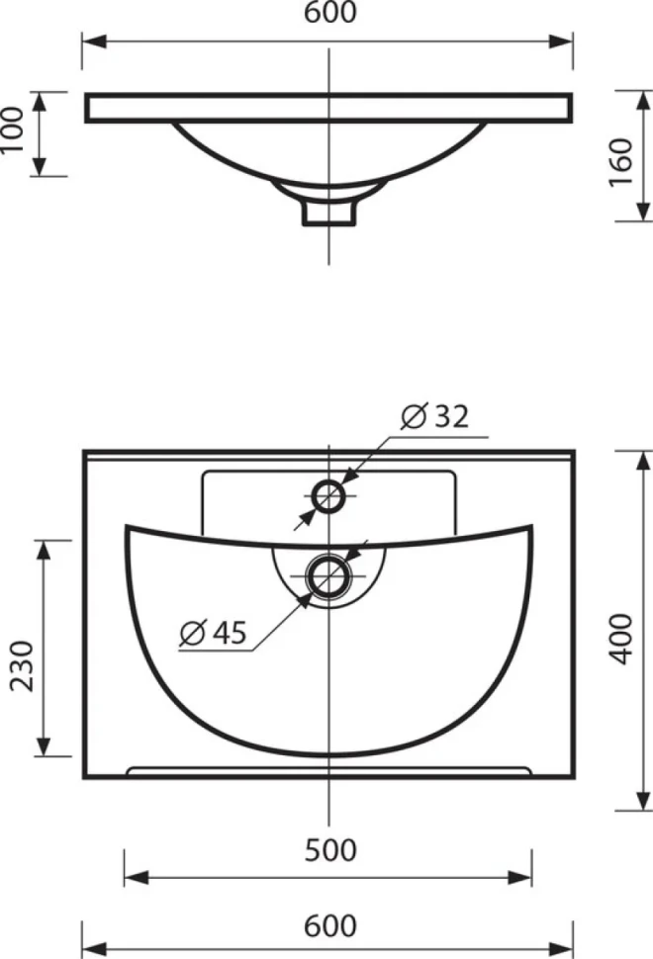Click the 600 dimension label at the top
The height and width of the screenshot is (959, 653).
(330, 13)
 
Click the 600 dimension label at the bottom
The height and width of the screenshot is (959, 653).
(330, 925)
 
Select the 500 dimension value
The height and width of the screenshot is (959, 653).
(330, 850)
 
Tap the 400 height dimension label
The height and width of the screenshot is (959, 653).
(621, 639)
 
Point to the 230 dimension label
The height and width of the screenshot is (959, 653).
(23, 666)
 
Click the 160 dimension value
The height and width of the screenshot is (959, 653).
(621, 163)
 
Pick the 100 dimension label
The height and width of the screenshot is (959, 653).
(12, 131)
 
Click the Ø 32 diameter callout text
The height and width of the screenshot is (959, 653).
(435, 416)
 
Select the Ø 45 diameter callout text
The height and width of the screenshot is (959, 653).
(213, 632)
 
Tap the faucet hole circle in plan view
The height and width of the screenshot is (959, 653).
(329, 482)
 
